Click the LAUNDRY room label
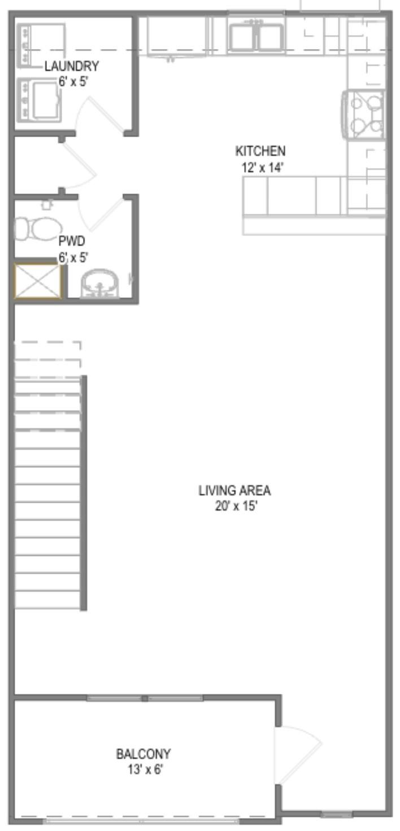coord(72,67)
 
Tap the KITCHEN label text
coord(260,151)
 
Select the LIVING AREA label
coord(234,490)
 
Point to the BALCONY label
coord(144,754)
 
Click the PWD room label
coord(72,241)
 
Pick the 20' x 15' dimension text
coord(236,506)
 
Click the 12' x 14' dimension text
coord(263,168)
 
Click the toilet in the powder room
coord(38,228)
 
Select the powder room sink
coord(99,283)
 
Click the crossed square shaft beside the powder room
coord(37,280)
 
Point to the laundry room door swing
coord(99,113)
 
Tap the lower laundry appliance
coord(39,99)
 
